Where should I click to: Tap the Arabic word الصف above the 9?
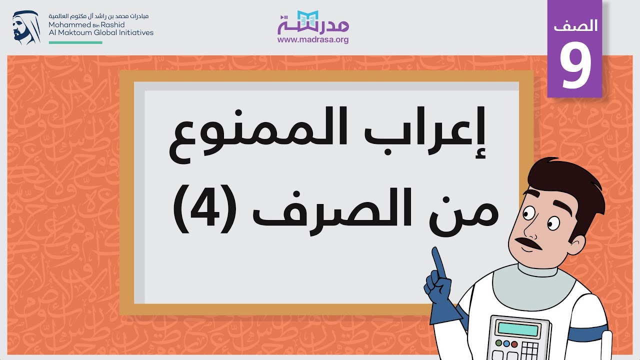(x=575, y=26)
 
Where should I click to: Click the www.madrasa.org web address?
(x=313, y=40)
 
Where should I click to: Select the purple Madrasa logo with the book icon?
(x=313, y=22)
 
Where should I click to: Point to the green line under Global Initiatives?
(x=75, y=42)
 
